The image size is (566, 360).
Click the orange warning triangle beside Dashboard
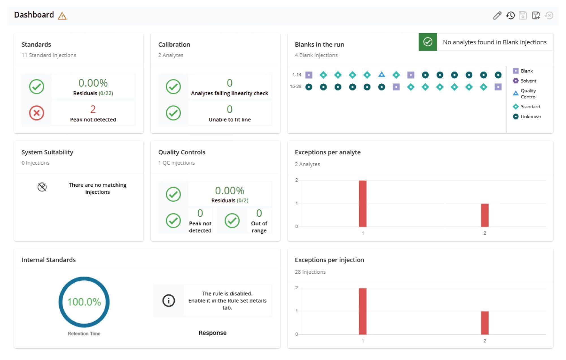(x=62, y=16)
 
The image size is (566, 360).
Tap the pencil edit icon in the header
(x=497, y=16)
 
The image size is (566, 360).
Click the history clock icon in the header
(x=510, y=16)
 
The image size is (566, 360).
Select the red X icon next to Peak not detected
(x=37, y=113)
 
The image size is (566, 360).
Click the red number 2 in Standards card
(x=93, y=109)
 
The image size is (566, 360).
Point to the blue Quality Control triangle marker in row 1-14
(x=381, y=75)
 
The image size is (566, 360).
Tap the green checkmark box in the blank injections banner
(x=428, y=42)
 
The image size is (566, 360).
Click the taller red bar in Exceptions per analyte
(x=363, y=204)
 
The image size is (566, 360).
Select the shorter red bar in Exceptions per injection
(x=484, y=323)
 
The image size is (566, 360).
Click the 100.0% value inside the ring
(x=84, y=302)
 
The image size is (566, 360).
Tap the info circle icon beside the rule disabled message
(x=169, y=300)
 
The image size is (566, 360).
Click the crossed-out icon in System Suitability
(x=42, y=187)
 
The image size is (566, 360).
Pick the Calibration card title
(x=174, y=44)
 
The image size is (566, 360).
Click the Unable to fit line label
(x=230, y=120)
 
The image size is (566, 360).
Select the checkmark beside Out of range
(x=232, y=221)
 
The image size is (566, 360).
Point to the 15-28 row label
(x=295, y=87)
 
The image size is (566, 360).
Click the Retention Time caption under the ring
(x=84, y=334)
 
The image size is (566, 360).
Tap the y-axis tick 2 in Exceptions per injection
(x=297, y=288)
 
